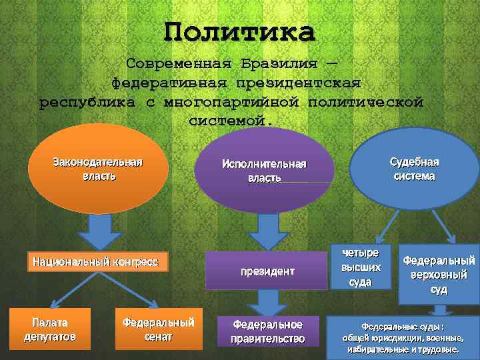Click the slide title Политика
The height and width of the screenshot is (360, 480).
239,31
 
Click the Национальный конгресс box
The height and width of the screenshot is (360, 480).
95,261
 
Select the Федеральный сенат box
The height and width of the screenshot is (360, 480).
159,329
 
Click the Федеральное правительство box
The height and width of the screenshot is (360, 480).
267,331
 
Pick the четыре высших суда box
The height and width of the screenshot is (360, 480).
360,267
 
